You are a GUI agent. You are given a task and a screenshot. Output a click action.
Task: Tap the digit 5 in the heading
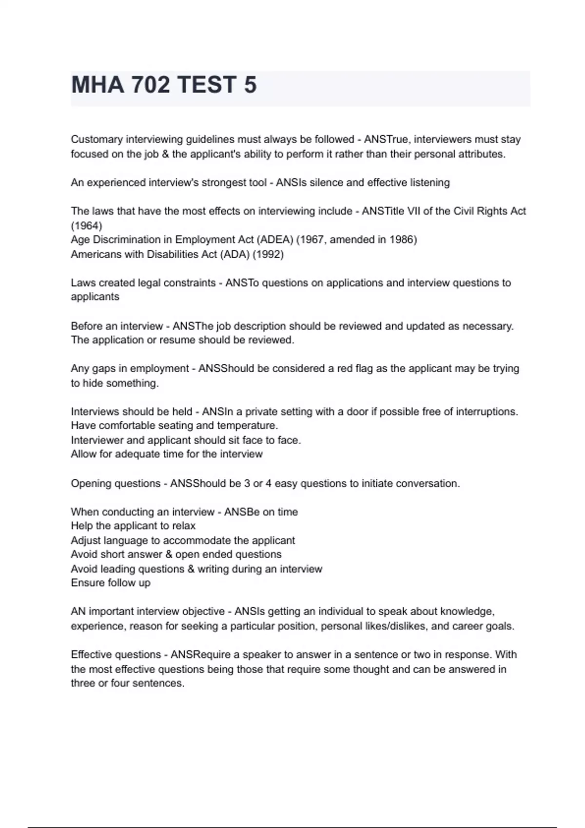coord(250,85)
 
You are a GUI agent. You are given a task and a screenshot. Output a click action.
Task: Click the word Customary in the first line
coord(97,139)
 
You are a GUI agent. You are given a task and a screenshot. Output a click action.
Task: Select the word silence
coord(327,183)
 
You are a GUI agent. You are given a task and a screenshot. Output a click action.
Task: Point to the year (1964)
coord(86,226)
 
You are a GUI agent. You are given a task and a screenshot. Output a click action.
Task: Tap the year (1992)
coord(268,254)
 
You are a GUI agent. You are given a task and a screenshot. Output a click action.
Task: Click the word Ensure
coord(87,583)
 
